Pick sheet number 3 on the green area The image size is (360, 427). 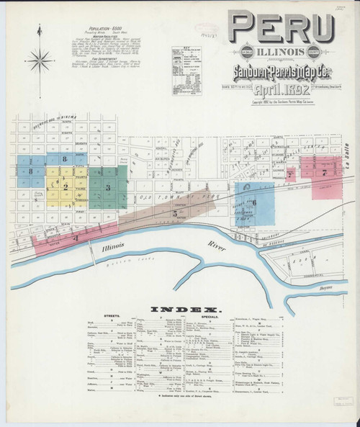tap(108, 187)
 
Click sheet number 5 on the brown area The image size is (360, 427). tap(175, 213)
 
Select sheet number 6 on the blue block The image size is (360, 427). tap(254, 202)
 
